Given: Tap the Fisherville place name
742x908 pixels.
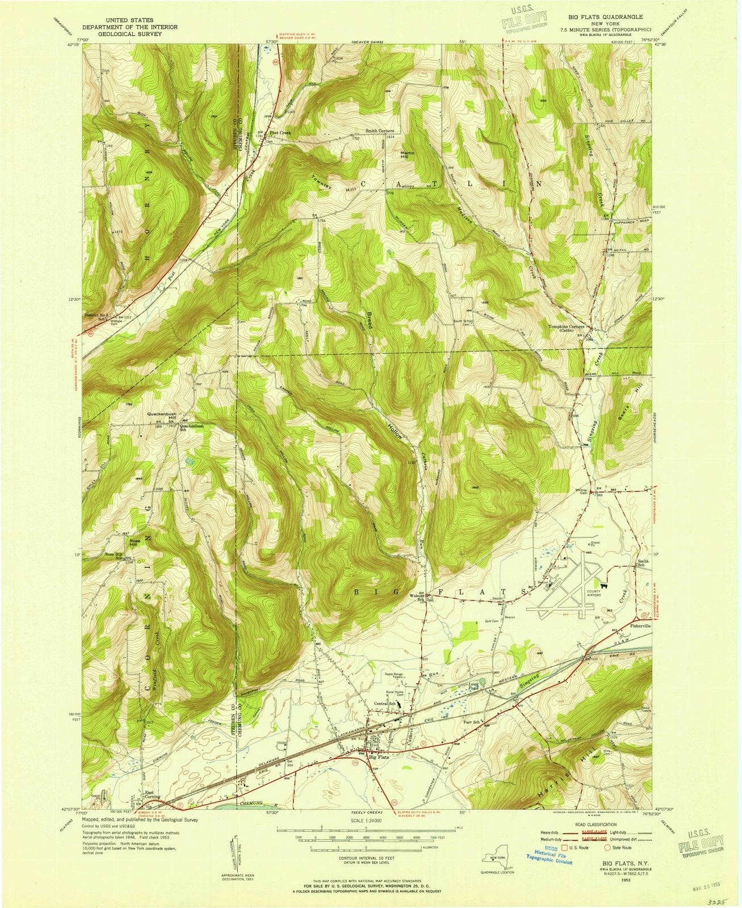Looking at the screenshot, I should [641, 625].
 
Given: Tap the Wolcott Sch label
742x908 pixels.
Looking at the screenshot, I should [418, 598].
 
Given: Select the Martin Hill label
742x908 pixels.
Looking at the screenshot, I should [407, 155].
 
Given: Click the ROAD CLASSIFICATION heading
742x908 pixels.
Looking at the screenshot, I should [593, 823].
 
